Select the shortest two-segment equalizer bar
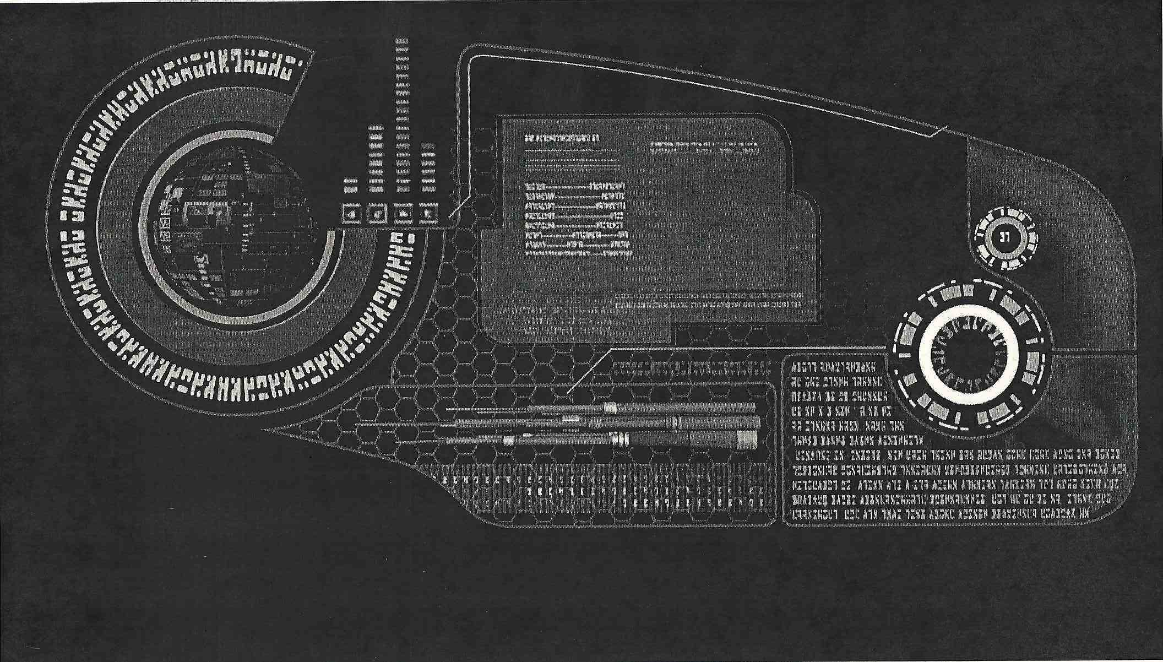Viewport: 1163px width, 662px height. (x=350, y=185)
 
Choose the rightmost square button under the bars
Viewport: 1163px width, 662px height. (x=429, y=213)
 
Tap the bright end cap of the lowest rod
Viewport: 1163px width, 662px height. (x=746, y=440)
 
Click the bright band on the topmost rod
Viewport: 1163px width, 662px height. (x=610, y=408)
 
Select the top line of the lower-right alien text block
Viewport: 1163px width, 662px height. (x=837, y=366)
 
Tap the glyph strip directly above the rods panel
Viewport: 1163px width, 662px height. (x=691, y=368)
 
